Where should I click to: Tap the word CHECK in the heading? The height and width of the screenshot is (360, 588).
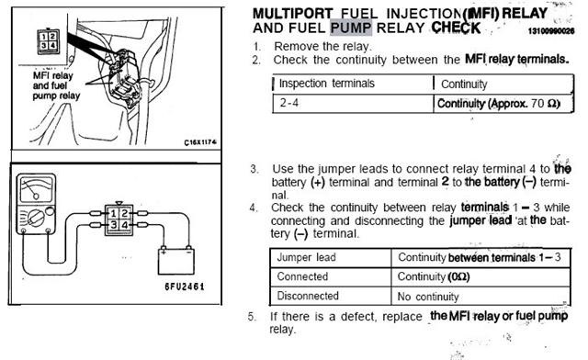coord(449,28)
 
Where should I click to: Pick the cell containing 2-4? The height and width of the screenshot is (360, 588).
coord(291,102)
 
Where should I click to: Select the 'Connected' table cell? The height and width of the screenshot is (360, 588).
coord(303,275)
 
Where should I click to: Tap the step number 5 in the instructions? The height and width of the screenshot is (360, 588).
coord(252,316)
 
